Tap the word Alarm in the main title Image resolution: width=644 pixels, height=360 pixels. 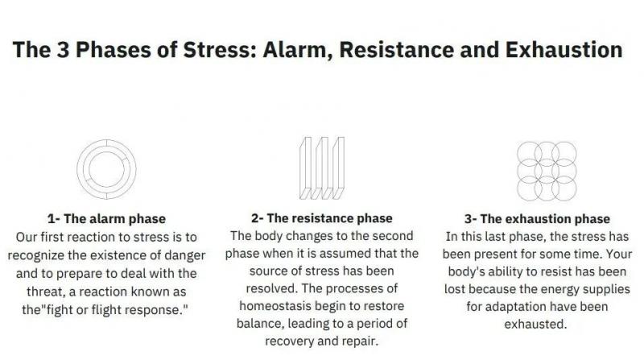[297, 51]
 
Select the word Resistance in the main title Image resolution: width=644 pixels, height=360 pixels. [397, 50]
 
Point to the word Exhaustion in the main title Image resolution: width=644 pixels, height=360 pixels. [564, 50]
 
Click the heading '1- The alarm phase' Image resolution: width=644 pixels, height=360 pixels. [106, 218]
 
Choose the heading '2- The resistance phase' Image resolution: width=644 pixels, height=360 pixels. [321, 218]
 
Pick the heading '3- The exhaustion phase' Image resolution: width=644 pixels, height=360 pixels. [537, 218]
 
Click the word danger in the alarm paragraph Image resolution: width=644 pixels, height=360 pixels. [185, 256]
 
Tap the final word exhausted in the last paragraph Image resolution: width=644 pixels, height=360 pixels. [535, 325]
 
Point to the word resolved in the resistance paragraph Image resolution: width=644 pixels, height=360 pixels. [271, 288]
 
